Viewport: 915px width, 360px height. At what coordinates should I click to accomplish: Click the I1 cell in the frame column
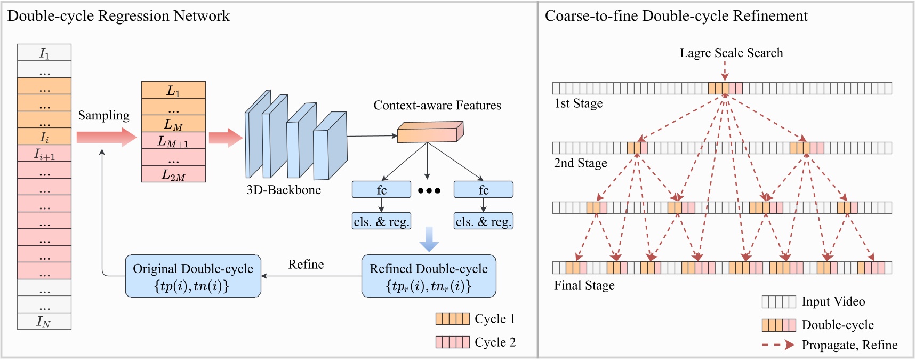(44, 52)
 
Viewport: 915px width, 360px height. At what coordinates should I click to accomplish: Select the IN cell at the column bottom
(44, 321)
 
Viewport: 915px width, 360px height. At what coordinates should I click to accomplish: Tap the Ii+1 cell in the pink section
(44, 154)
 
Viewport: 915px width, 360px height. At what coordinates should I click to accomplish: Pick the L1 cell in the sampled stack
(173, 90)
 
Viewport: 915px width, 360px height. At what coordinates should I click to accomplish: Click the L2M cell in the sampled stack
(173, 174)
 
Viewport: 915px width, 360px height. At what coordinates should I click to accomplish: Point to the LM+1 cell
(173, 141)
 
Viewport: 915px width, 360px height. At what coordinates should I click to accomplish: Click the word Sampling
(103, 116)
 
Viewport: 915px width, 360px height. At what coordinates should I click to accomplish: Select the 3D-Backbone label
(283, 190)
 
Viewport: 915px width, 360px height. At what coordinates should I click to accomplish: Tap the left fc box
(381, 189)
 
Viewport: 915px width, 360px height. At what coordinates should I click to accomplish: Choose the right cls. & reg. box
(483, 221)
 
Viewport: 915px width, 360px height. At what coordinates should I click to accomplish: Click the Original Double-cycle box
(193, 276)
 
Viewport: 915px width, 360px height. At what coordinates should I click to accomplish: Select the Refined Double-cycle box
(429, 276)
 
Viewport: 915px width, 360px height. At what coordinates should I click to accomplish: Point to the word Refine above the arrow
(306, 265)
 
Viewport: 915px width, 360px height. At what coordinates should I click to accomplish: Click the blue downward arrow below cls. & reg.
(429, 239)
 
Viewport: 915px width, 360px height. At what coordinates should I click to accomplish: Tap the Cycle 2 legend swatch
(452, 342)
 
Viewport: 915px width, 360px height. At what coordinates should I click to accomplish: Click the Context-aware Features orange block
(430, 132)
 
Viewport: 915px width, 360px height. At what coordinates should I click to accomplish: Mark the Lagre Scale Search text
(731, 53)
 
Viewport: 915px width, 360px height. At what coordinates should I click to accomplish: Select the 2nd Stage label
(580, 163)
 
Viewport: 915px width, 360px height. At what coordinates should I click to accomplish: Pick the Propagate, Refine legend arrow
(778, 345)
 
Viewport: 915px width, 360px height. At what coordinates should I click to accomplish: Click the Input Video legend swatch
(778, 302)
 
